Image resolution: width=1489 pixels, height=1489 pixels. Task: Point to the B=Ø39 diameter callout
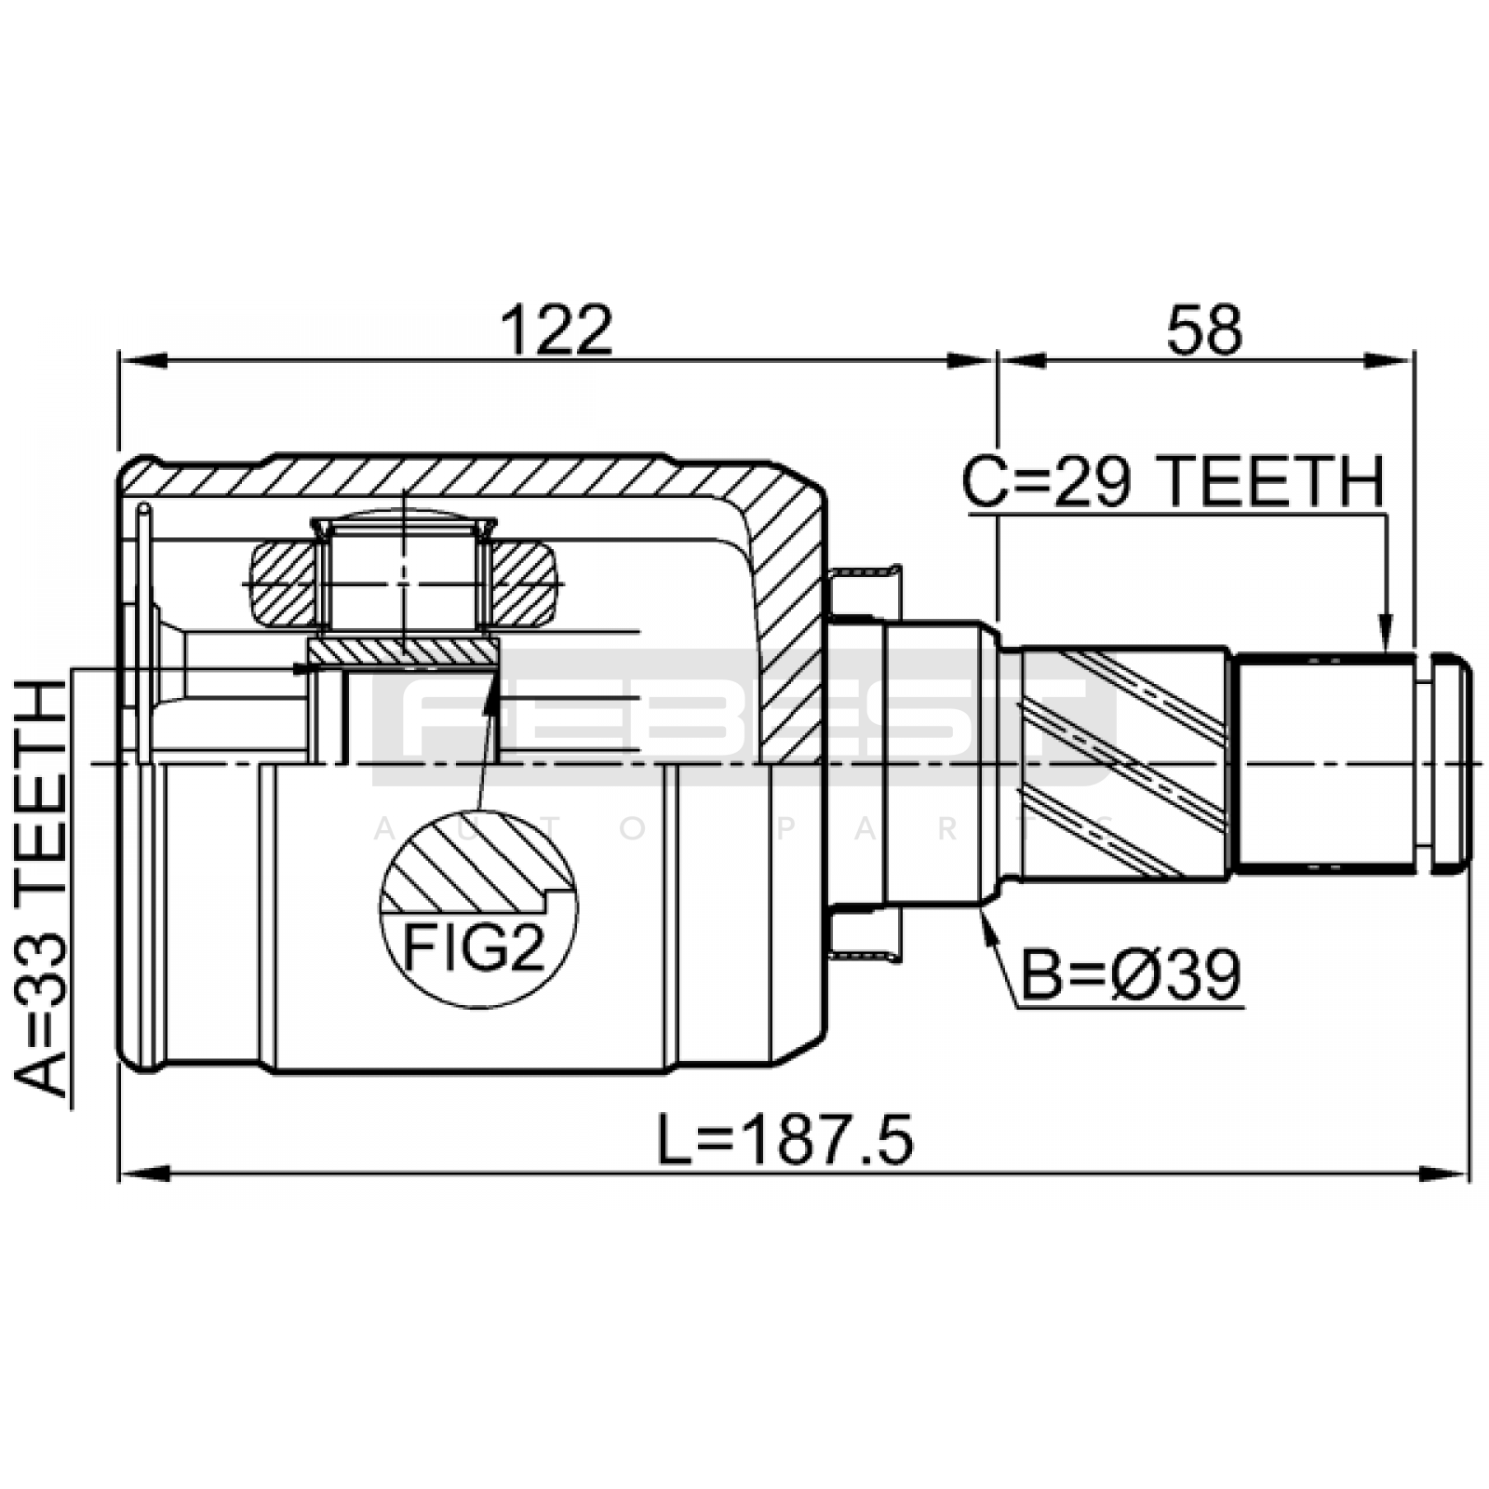pyautogui.click(x=1132, y=975)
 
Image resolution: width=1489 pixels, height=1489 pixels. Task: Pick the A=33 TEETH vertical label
pyautogui.click(x=42, y=889)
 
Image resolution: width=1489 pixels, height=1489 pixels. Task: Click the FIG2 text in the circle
pyautogui.click(x=473, y=948)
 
